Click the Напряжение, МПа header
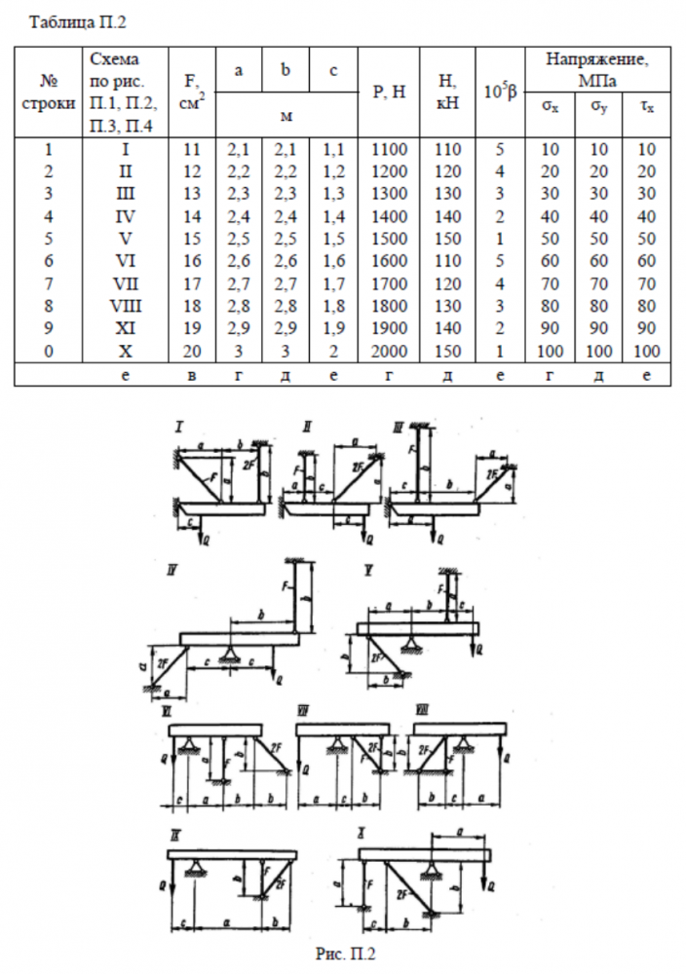[x=597, y=67]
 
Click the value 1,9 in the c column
[x=333, y=328]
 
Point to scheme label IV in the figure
[x=172, y=571]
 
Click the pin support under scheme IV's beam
[x=230, y=653]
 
